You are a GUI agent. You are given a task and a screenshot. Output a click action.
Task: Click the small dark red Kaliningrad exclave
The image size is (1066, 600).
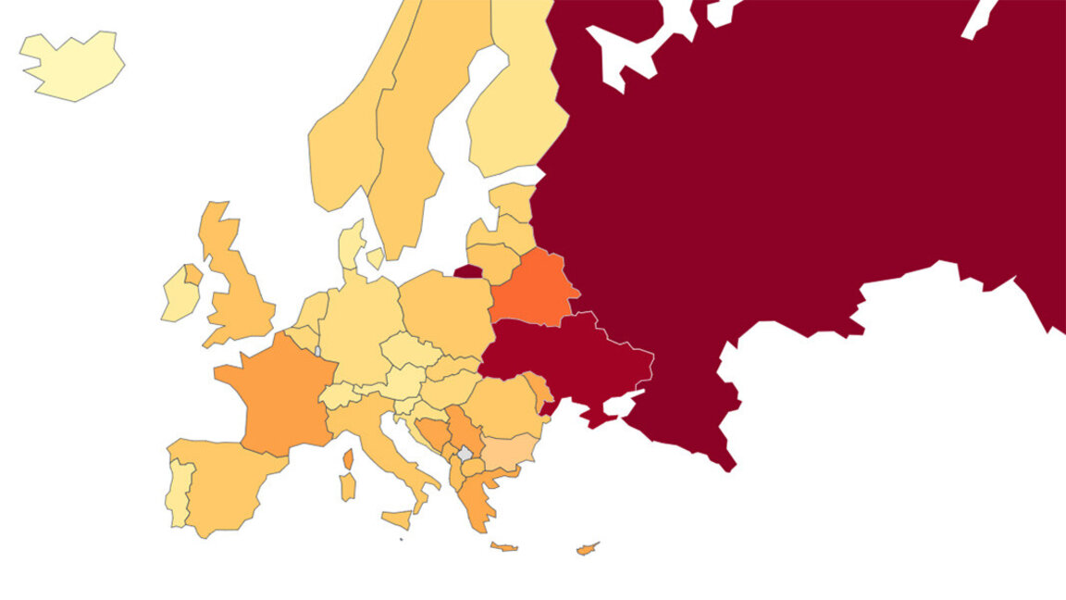(467, 271)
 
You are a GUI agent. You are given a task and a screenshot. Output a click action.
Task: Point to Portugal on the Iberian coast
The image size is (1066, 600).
(180, 491)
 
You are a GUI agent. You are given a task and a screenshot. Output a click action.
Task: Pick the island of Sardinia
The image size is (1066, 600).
(347, 487)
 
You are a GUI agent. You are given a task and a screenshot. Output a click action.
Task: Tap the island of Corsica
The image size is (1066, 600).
(350, 458)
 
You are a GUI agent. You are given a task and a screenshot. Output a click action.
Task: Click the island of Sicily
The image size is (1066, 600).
(397, 519)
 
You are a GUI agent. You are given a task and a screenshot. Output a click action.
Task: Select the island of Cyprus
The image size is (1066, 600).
(587, 548)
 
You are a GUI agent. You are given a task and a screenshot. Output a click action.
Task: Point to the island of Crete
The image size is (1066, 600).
(504, 546)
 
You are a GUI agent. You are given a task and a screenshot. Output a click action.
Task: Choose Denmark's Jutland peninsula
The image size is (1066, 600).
(350, 245)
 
